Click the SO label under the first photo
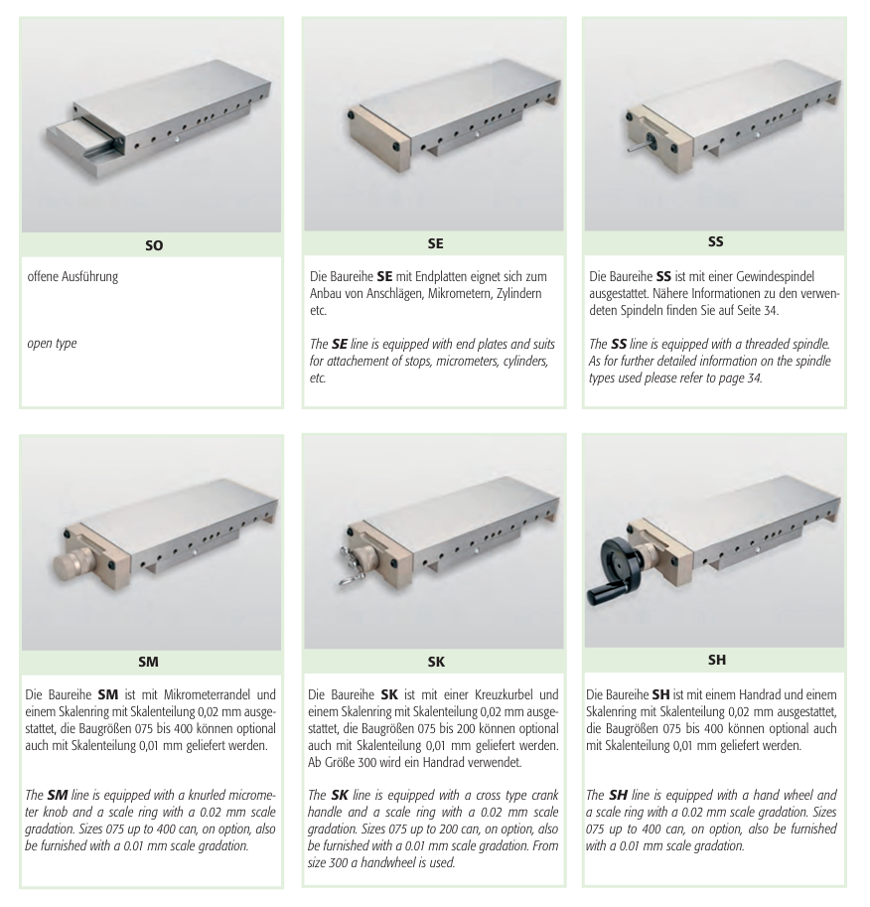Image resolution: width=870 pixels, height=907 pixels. pos(154,245)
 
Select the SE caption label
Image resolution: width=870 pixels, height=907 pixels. pos(436,243)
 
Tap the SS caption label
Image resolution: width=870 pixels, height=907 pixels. pos(715,241)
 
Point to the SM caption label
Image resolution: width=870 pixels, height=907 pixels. pos(148,662)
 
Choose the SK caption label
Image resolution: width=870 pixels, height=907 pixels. pos(436,662)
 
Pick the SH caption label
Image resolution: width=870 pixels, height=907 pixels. pos(717,660)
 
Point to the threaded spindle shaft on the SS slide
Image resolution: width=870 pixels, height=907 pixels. pos(640,146)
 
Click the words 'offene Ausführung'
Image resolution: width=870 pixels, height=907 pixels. pos(72,276)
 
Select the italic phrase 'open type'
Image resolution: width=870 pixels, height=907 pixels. pos(52,343)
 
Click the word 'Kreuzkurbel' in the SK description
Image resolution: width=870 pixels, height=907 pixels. pos(504,694)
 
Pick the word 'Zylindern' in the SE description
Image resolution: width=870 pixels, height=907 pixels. pos(518,293)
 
